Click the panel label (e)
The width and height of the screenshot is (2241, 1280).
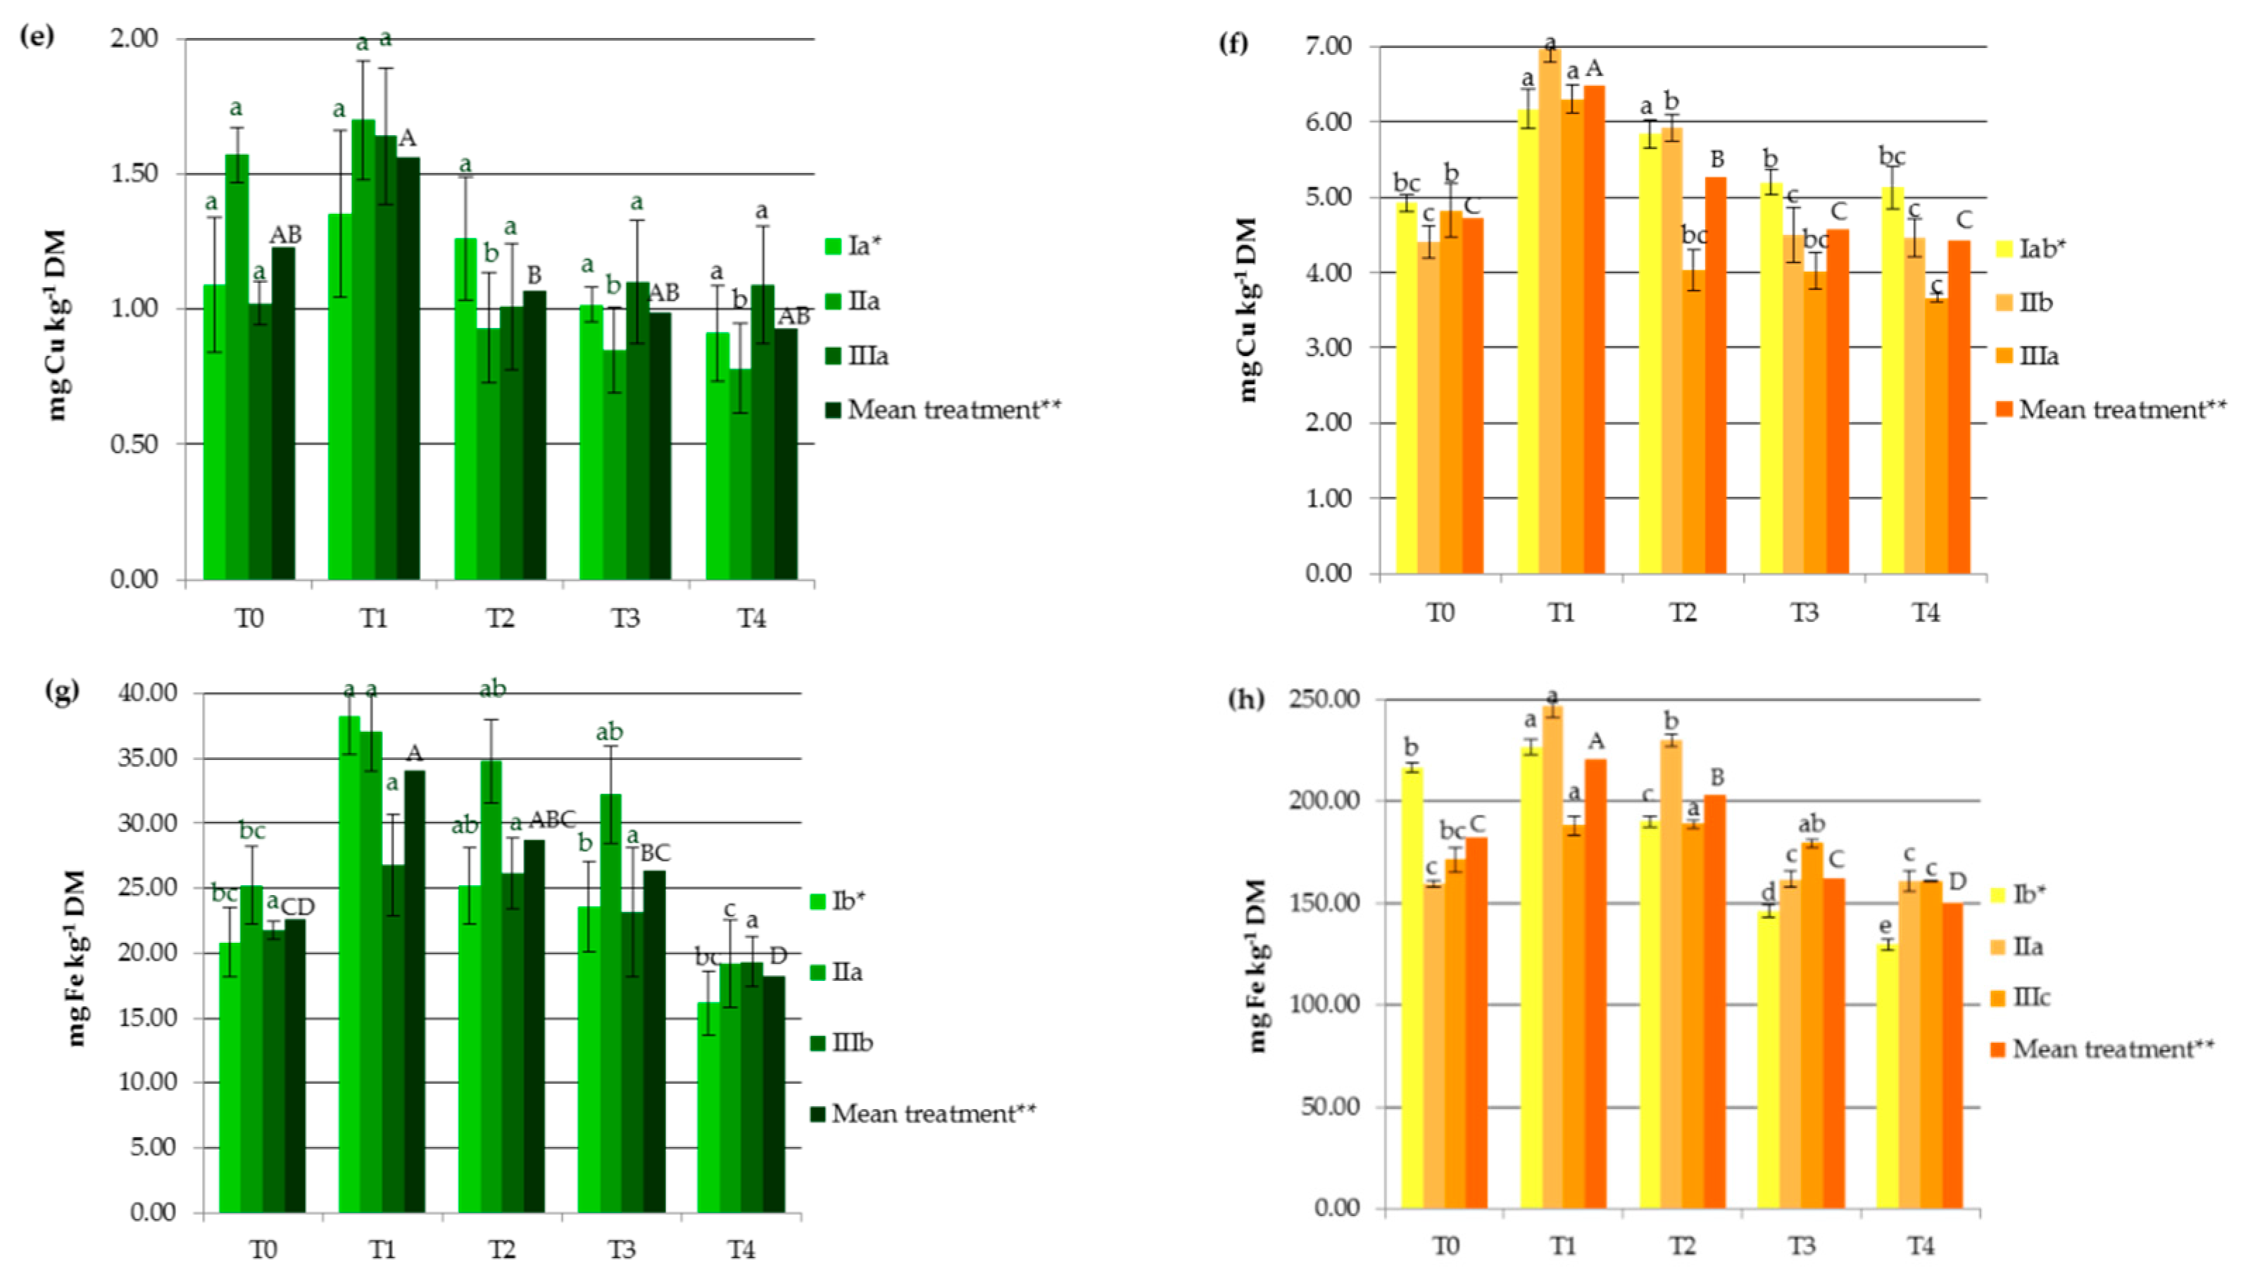(37, 37)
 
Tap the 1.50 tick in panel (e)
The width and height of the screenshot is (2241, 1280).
(134, 173)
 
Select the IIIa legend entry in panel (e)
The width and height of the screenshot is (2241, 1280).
(858, 356)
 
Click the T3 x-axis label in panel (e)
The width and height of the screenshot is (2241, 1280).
(625, 619)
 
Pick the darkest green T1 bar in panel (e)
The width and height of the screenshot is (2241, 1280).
(408, 369)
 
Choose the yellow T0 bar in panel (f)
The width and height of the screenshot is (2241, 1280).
(1406, 387)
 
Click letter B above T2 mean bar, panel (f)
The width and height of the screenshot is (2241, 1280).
(1716, 159)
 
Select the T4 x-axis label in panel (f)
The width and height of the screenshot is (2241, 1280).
(1926, 613)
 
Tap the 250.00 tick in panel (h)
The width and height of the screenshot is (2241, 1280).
(1324, 699)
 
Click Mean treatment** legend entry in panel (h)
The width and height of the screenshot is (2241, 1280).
(2102, 1048)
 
